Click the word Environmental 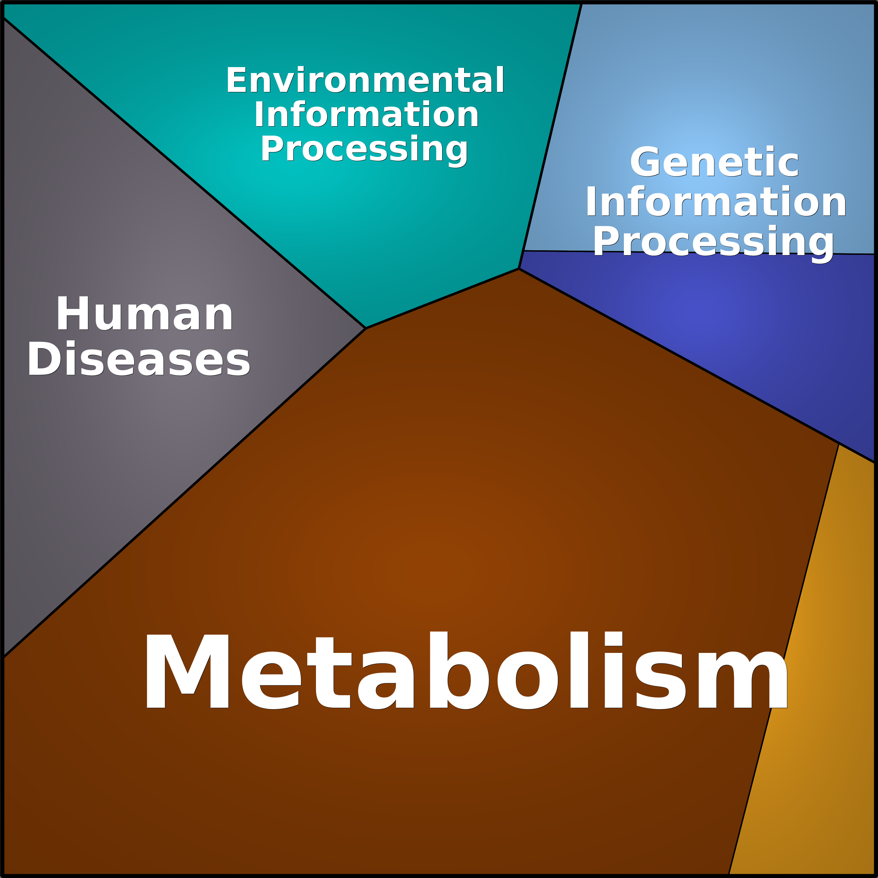coord(365,80)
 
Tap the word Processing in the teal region coord(364,150)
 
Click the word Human coord(144,314)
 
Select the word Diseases coord(139,359)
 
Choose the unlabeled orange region coord(813,682)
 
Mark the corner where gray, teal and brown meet coord(366,328)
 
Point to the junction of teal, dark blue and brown coord(519,268)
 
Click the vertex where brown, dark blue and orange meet coord(839,444)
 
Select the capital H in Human coord(72,314)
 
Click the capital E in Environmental coord(236,80)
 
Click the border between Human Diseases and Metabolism coord(185,492)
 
